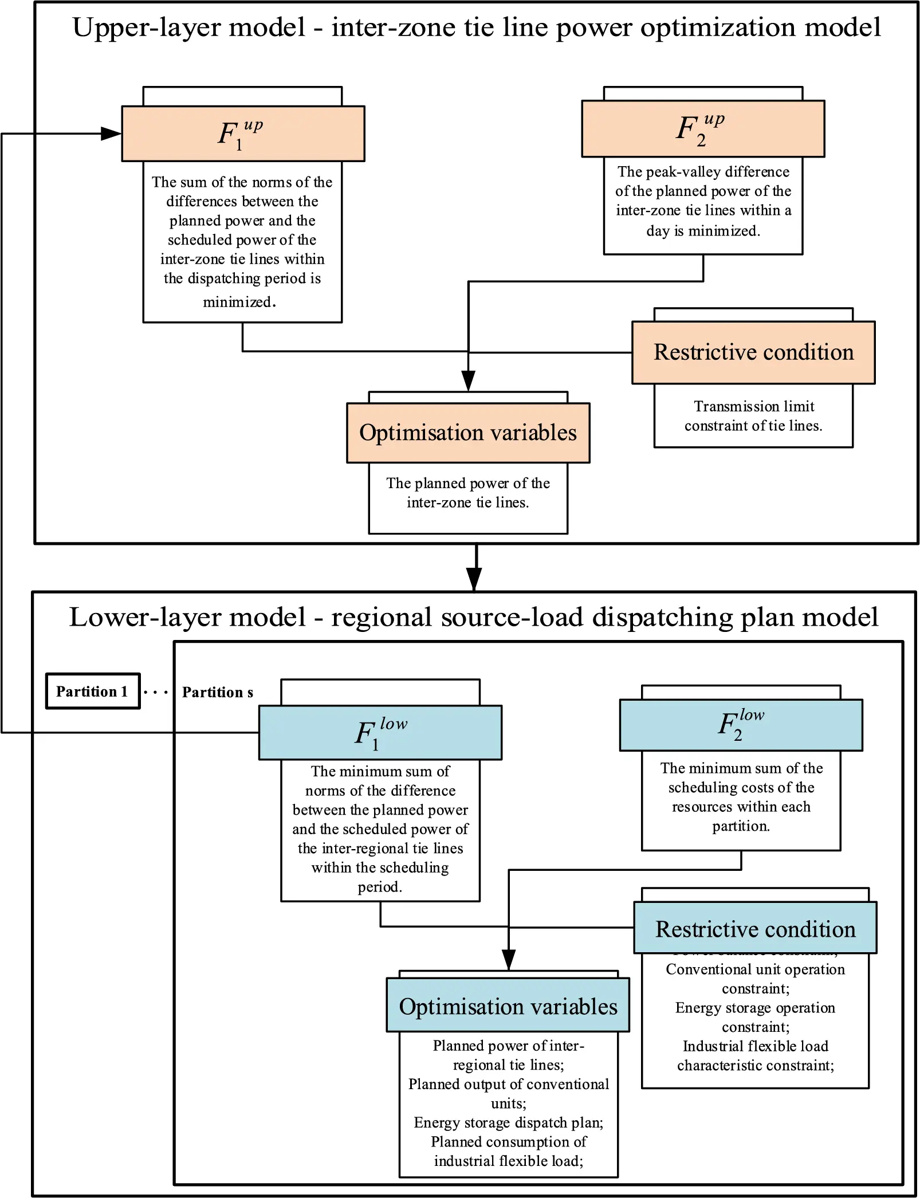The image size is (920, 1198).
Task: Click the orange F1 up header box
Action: coord(243,133)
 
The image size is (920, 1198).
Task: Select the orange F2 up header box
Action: coord(703,129)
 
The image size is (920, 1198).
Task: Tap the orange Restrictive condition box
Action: coord(753,352)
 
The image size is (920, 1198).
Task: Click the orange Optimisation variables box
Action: coord(468,433)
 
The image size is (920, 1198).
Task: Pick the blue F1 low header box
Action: coord(380,733)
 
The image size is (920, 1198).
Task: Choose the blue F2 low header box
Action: coord(741,725)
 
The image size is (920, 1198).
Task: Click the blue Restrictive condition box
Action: coord(755,929)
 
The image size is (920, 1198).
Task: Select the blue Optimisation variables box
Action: coord(508,1007)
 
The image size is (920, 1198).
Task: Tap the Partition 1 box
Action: coord(93,692)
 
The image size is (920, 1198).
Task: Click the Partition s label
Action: coord(218,693)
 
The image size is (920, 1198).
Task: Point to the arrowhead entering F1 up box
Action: coord(111,134)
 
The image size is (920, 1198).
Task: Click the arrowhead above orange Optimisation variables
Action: coord(469,380)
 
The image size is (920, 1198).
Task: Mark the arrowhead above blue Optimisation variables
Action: coord(509,959)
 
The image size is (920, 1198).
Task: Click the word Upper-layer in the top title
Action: coord(189,28)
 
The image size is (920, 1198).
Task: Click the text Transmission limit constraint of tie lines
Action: coord(753,416)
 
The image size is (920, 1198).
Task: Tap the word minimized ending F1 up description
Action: coord(238,302)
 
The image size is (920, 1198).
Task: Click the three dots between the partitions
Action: coord(156,693)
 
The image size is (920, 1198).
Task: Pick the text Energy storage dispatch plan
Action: coord(508,1122)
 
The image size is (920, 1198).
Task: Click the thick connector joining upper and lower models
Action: coord(474,567)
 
